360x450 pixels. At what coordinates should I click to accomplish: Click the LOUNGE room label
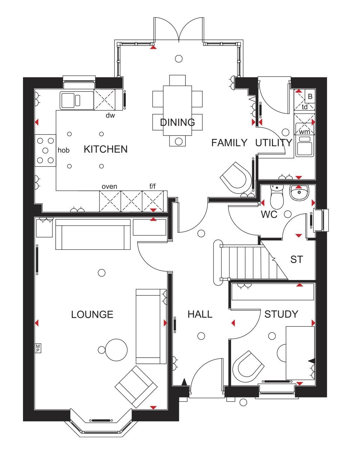pyautogui.click(x=92, y=314)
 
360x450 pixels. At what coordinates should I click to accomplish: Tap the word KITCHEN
pyautogui.click(x=106, y=149)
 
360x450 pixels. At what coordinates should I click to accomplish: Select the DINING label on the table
pyautogui.click(x=177, y=122)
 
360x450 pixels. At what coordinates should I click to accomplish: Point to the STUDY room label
pyautogui.click(x=281, y=314)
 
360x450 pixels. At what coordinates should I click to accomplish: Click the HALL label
pyautogui.click(x=200, y=314)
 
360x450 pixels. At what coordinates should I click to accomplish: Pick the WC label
pyautogui.click(x=269, y=214)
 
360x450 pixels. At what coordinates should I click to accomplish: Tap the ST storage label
pyautogui.click(x=296, y=259)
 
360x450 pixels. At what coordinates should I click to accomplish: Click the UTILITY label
pyautogui.click(x=274, y=143)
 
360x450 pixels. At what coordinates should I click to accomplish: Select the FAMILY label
pyautogui.click(x=229, y=143)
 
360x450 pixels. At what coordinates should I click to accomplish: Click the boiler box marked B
pyautogui.click(x=310, y=96)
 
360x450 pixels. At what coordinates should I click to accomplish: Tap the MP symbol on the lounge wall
pyautogui.click(x=38, y=348)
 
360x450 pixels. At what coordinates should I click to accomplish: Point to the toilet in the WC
pyautogui.click(x=277, y=197)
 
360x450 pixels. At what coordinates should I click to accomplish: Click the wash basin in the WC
pyautogui.click(x=299, y=193)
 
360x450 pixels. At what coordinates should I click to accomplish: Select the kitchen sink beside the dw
pyautogui.click(x=77, y=100)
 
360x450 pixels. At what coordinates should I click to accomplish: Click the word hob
pyautogui.click(x=64, y=150)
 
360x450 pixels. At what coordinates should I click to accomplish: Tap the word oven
pyautogui.click(x=109, y=187)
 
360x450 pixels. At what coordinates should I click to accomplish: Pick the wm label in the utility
pyautogui.click(x=304, y=132)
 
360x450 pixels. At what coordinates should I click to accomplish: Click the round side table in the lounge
pyautogui.click(x=116, y=350)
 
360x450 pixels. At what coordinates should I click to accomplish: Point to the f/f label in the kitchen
pyautogui.click(x=152, y=186)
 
